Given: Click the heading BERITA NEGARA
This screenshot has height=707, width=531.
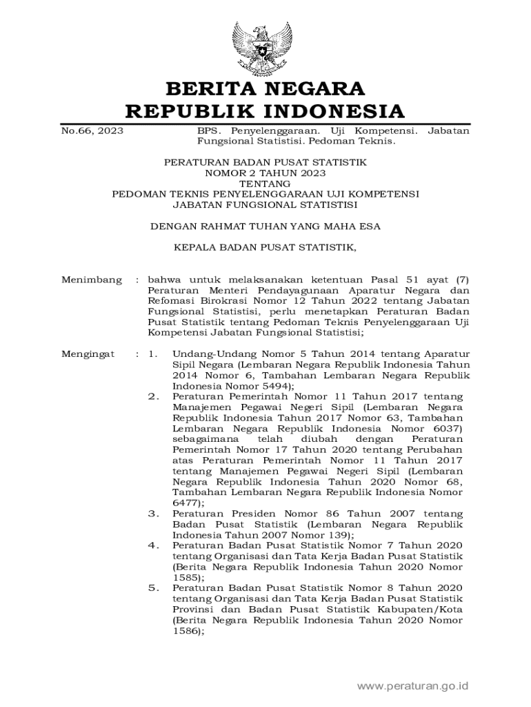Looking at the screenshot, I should [x=265, y=89].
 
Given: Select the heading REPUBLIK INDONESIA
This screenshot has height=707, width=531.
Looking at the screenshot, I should [x=265, y=111].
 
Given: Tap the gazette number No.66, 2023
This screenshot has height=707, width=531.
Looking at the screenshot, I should [x=88, y=130].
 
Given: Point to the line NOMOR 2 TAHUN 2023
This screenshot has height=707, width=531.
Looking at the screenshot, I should [x=265, y=173].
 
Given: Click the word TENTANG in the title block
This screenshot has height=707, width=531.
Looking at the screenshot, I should [x=265, y=184].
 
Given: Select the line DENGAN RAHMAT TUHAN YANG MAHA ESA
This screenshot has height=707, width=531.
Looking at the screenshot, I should [x=265, y=226].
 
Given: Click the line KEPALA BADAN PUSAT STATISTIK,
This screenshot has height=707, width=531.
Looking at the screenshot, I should [x=265, y=246].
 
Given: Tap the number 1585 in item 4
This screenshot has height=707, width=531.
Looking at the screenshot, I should [x=186, y=577].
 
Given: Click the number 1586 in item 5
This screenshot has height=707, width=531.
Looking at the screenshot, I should [x=186, y=630].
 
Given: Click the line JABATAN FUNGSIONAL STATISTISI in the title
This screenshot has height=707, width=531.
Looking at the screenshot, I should [x=265, y=204].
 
